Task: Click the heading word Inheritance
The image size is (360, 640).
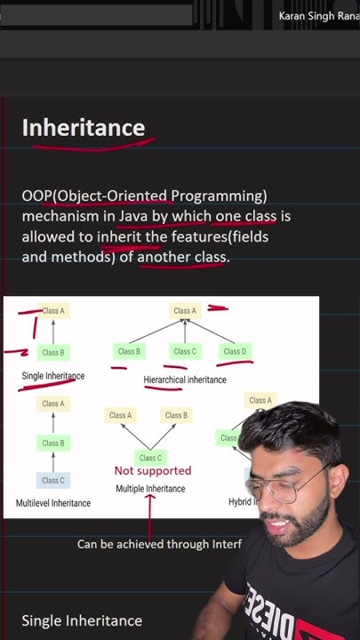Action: [x=84, y=128]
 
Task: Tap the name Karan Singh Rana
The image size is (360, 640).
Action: [x=318, y=16]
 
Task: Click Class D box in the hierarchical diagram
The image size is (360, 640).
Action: [x=235, y=351]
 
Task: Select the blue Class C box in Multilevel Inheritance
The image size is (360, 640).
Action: [x=53, y=480]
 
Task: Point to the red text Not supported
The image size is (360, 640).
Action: [x=152, y=470]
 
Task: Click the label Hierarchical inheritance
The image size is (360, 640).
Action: [x=185, y=380]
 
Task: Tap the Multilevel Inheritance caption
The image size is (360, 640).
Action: [x=53, y=503]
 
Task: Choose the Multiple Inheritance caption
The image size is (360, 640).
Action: [x=150, y=489]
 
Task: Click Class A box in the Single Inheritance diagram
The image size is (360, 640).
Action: [x=53, y=311]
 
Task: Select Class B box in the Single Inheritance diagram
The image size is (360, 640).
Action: [x=53, y=352]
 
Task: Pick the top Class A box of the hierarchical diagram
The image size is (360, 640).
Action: [x=185, y=311]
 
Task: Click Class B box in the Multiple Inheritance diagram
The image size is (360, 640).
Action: [x=176, y=415]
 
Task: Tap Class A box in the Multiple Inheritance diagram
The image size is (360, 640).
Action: [x=120, y=415]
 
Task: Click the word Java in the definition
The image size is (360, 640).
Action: [x=133, y=216]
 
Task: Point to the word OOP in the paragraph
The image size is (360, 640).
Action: [x=37, y=196]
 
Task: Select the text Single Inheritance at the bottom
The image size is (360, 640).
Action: [x=82, y=620]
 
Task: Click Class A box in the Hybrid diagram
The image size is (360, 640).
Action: [x=260, y=401]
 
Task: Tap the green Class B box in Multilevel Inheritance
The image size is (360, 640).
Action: [x=53, y=443]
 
